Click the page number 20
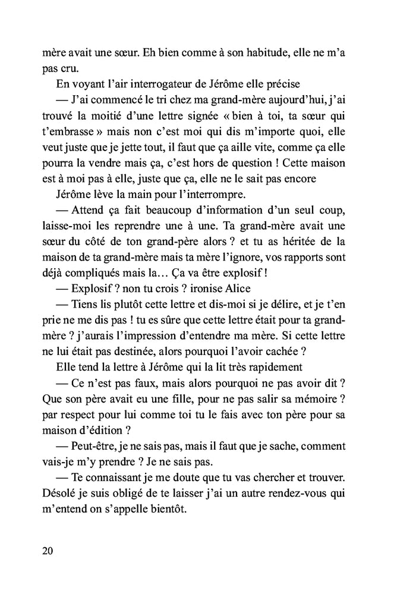pyautogui.click(x=48, y=550)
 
